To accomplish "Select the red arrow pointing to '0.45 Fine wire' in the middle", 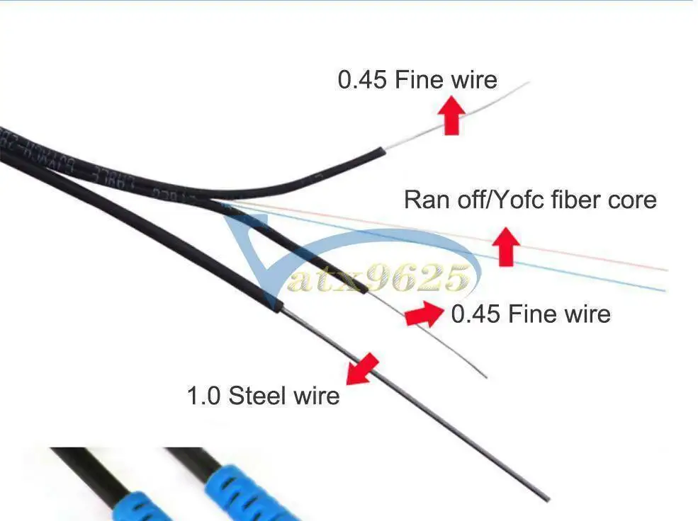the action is point(425,314).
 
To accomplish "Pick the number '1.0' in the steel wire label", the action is point(203,395).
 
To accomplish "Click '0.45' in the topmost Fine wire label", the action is point(361,79).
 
